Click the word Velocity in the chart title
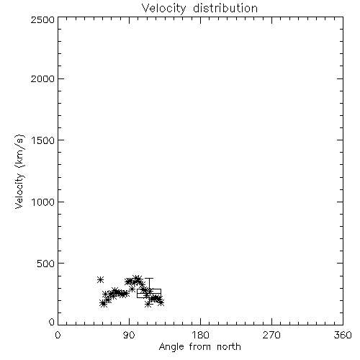tap(163, 9)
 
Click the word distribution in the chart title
tap(225, 8)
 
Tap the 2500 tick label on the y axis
tap(42, 19)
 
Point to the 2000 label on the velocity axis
tap(42, 79)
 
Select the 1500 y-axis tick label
tap(43, 140)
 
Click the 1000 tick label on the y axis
tap(43, 202)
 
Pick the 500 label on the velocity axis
tap(46, 264)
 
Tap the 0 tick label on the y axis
tap(52, 322)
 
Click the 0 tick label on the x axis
tap(58, 335)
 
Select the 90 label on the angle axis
tap(129, 335)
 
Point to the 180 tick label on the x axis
tap(200, 335)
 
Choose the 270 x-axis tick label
tap(271, 335)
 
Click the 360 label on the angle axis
tap(343, 335)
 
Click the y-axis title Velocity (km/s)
tap(19, 171)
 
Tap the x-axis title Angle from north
tap(200, 347)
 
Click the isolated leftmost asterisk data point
tap(100, 279)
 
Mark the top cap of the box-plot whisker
tap(149, 279)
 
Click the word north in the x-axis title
tap(229, 347)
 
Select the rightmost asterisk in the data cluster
tap(161, 303)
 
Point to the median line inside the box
tap(149, 293)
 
